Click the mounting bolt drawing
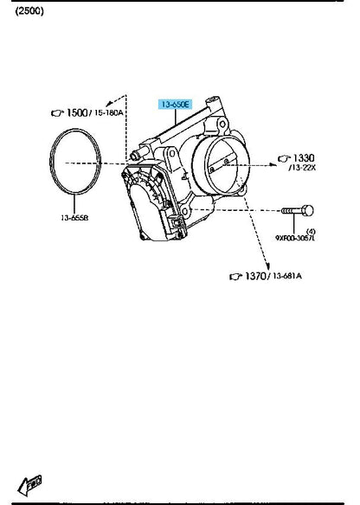click(298, 210)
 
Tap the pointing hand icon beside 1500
click(58, 112)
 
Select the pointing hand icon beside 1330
click(284, 158)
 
